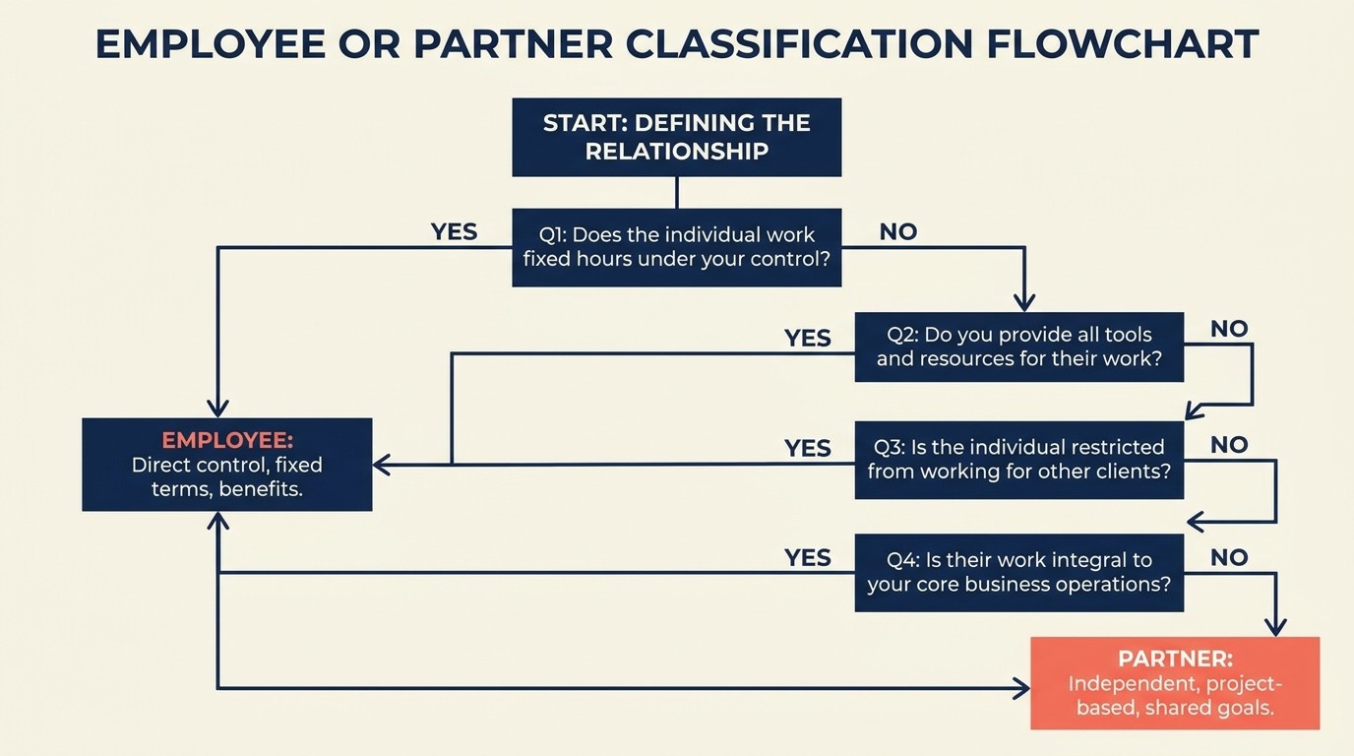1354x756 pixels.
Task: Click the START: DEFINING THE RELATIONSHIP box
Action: (x=676, y=137)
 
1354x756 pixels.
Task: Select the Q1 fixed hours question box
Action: (x=676, y=247)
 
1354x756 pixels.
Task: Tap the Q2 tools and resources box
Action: (x=1018, y=346)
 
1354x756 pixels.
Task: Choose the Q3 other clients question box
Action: (x=1018, y=459)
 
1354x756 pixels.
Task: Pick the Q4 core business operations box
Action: (x=1018, y=572)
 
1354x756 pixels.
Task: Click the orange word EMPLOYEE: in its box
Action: (x=227, y=440)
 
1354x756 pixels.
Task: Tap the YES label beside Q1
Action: (x=454, y=232)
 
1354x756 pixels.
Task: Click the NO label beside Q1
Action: (x=897, y=232)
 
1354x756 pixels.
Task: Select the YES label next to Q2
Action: (x=807, y=339)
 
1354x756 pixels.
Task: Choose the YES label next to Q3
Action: (x=807, y=449)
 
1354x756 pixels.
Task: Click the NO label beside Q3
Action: (x=1229, y=445)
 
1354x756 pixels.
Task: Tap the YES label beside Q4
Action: (x=807, y=558)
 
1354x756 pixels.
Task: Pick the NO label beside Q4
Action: (x=1229, y=558)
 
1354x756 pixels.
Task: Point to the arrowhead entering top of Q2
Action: (x=1024, y=302)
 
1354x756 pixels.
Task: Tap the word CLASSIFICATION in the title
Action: (x=793, y=45)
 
